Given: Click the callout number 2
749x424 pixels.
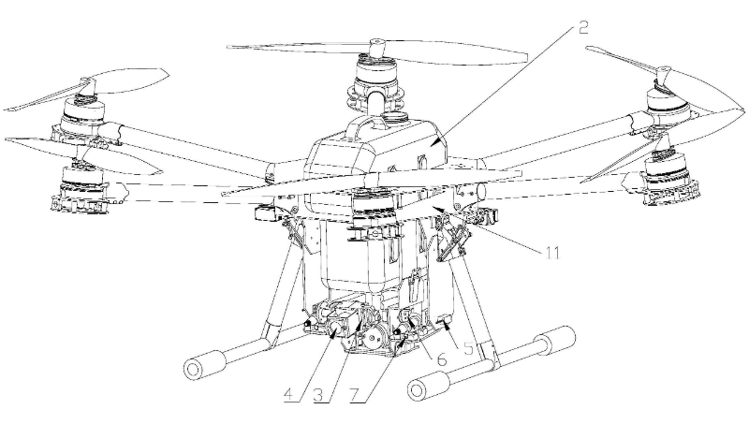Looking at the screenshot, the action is [x=582, y=27].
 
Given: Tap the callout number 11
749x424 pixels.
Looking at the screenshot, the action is [x=551, y=253].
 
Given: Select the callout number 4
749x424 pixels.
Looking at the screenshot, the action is [x=288, y=395].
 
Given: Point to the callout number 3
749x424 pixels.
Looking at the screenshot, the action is [x=318, y=395].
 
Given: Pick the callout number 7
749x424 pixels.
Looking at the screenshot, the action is [x=355, y=395].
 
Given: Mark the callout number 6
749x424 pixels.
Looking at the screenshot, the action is [x=442, y=359].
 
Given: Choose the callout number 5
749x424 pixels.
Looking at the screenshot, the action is [x=469, y=348].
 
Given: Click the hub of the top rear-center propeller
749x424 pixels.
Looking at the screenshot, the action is [x=378, y=48].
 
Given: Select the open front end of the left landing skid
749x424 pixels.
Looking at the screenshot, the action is [x=196, y=369].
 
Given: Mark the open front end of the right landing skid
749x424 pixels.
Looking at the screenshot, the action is [x=419, y=390].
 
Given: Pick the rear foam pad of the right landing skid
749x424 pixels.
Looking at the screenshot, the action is [x=554, y=341].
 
